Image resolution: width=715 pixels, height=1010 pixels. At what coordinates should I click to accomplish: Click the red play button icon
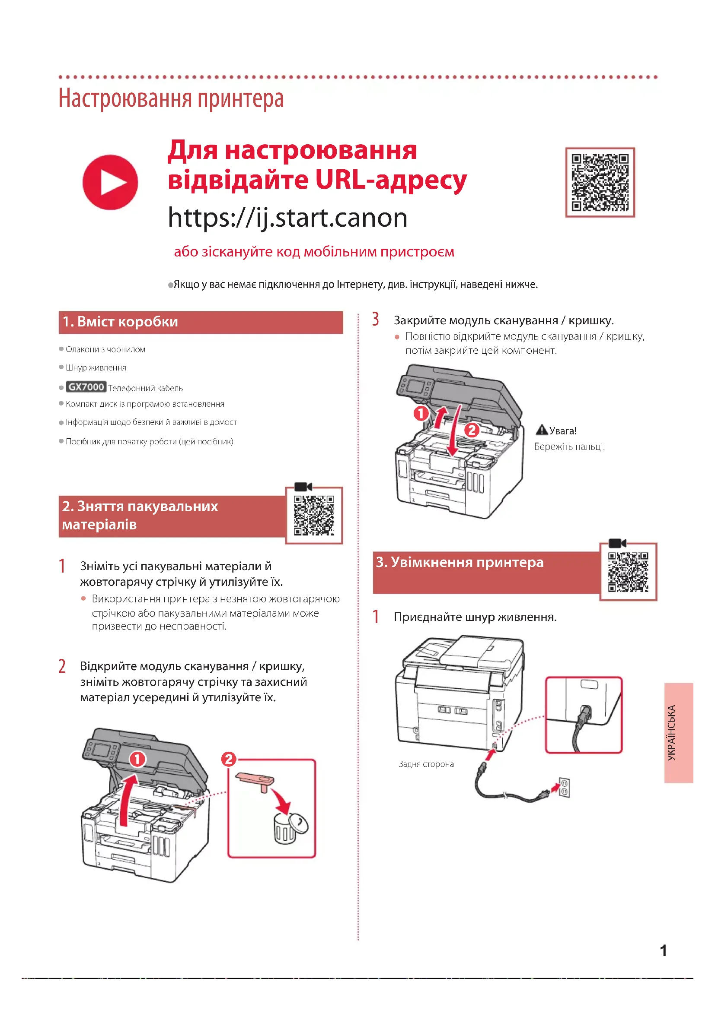coord(110,182)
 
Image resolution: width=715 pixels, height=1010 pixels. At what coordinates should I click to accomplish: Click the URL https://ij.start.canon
coord(287,217)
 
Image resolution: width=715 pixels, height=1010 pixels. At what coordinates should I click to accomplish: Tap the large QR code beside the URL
coord(600,182)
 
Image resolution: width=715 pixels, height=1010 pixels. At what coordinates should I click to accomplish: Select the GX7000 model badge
coord(86,386)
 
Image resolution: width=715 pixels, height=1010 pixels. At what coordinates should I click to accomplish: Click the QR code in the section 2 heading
coord(314,516)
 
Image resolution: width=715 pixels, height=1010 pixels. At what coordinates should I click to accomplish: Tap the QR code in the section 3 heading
coord(628,572)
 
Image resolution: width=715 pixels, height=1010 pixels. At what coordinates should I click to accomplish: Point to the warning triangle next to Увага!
coord(542,430)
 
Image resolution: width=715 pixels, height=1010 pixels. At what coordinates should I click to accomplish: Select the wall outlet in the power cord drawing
coord(565,787)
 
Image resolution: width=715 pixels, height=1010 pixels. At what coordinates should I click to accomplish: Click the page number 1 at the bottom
coord(663,950)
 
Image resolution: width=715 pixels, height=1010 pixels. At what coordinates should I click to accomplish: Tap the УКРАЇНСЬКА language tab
coord(679,732)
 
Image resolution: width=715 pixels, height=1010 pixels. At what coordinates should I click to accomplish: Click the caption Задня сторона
coord(426,764)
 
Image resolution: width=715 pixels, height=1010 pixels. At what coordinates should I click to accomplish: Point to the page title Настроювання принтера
coord(171,98)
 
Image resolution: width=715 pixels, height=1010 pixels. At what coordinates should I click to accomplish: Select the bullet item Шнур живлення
coord(96,367)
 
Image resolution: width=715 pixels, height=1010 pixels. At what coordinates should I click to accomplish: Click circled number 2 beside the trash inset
coord(229,759)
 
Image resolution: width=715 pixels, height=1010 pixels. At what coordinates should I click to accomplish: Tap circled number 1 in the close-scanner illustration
coord(421,413)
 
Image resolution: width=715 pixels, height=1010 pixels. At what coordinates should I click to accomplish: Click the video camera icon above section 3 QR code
coord(617,543)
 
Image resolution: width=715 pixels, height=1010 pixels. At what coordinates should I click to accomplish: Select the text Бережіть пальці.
coord(569,446)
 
